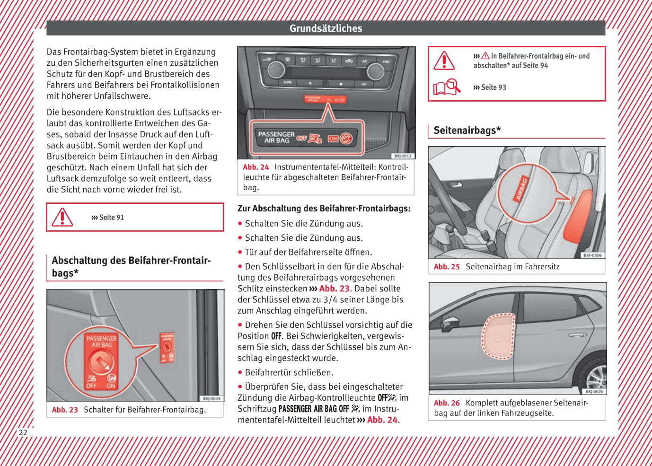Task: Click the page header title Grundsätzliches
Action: click(326, 28)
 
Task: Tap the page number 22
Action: click(23, 432)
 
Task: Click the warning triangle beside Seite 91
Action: click(62, 218)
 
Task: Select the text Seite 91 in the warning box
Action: click(111, 218)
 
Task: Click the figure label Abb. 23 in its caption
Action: click(65, 410)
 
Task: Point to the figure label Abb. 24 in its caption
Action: click(256, 167)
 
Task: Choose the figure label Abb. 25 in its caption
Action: click(447, 267)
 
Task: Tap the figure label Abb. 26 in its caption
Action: click(447, 403)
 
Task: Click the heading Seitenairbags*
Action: click(467, 130)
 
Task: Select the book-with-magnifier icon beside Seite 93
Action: click(446, 87)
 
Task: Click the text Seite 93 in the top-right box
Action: click(493, 88)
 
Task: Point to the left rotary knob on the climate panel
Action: click(276, 70)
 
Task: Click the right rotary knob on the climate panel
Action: click(376, 71)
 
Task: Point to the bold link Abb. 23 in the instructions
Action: click(334, 289)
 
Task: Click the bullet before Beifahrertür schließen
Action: click(240, 372)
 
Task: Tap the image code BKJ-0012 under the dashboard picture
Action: click(403, 156)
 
